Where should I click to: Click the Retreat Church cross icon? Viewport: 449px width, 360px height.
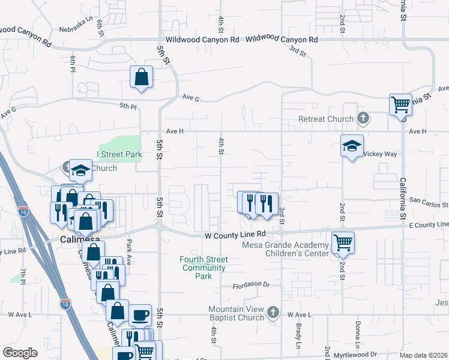(x=363, y=119)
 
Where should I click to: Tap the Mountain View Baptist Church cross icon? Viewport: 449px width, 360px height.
(x=273, y=312)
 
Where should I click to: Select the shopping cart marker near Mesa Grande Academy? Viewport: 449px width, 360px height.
(x=342, y=243)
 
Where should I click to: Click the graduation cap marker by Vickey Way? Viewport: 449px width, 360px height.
(x=352, y=146)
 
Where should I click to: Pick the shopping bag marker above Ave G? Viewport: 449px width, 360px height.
(x=141, y=77)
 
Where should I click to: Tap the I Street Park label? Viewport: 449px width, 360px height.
(x=120, y=155)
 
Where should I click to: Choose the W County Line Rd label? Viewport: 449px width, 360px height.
(x=235, y=235)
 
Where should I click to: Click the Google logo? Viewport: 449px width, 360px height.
(x=20, y=353)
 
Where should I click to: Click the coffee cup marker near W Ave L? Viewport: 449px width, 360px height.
(x=141, y=316)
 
